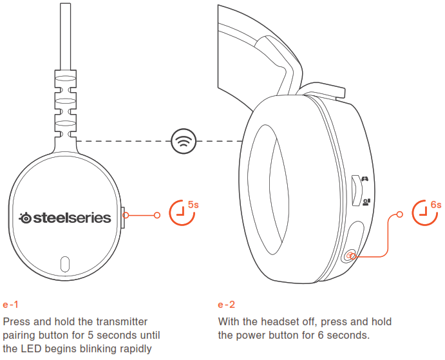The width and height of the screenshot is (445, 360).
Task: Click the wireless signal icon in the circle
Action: pos(184,140)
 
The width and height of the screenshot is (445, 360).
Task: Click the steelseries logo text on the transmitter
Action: pos(65,218)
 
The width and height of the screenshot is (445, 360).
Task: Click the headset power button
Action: pos(350,256)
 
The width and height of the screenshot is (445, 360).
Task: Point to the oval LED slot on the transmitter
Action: pos(65,263)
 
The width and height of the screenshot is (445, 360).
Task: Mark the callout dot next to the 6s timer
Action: pos(401,214)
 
